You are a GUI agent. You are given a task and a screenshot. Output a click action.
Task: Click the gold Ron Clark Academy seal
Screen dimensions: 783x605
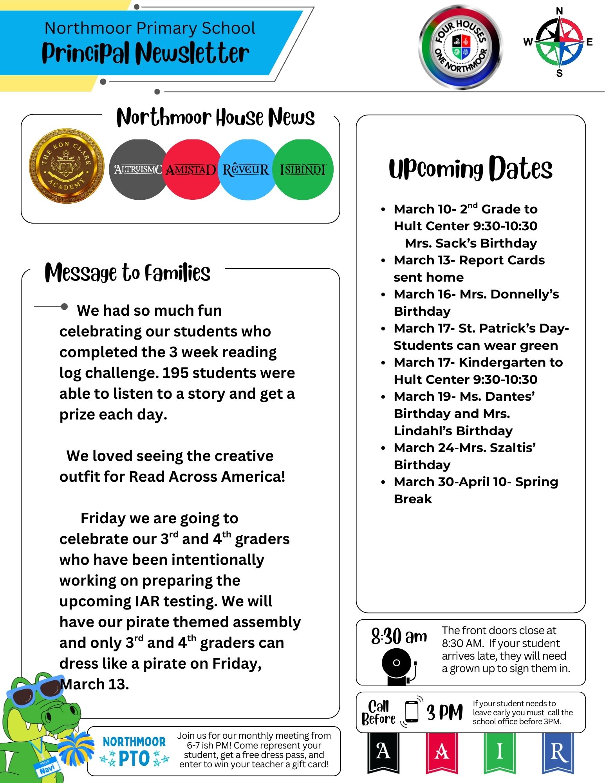(x=67, y=166)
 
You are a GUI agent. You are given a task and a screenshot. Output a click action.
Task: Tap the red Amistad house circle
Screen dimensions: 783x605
(x=191, y=170)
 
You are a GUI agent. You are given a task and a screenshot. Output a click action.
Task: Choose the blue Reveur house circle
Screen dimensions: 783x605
(x=246, y=170)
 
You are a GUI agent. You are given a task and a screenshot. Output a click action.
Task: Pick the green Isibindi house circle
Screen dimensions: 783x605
(x=303, y=170)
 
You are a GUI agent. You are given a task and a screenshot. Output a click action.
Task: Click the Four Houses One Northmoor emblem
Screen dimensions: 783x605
(x=461, y=47)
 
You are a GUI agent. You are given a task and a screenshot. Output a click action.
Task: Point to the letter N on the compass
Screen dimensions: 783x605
(x=560, y=11)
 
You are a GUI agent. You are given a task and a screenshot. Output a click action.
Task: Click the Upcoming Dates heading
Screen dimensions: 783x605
(x=470, y=169)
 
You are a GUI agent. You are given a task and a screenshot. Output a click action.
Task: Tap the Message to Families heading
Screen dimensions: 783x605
(x=128, y=273)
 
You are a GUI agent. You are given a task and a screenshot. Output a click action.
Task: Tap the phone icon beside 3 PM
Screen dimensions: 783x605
(x=412, y=711)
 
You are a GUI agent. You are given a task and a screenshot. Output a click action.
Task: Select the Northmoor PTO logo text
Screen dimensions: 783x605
(x=134, y=751)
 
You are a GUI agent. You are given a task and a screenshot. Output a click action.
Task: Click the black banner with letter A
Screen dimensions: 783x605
(x=383, y=752)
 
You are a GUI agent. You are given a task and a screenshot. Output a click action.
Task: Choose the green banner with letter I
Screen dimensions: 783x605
(x=499, y=752)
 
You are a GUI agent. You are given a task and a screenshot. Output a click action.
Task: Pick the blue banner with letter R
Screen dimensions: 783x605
(x=558, y=752)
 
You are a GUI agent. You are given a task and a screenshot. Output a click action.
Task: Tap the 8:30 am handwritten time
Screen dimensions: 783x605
(x=399, y=637)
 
